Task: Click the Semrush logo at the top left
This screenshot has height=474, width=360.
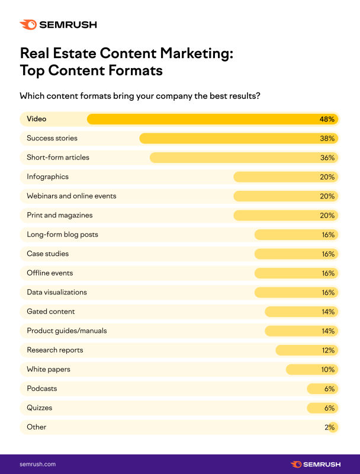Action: coord(57,24)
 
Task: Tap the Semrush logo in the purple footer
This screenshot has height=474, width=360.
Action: coord(315,464)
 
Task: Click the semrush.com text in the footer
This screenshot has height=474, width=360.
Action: coord(37,464)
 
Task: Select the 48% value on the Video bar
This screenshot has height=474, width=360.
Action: coord(327,119)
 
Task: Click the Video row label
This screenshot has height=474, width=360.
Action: coord(37,119)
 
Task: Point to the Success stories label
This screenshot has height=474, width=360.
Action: coord(52,138)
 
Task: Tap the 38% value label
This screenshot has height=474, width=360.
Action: coord(327,139)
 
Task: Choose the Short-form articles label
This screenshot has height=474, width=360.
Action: coord(58,158)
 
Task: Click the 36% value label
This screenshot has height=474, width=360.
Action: coord(327,158)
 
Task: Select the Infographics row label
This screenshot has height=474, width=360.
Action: coord(48,177)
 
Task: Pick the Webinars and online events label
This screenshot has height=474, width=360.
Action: coord(71,196)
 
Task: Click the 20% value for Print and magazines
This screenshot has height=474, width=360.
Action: coord(327,216)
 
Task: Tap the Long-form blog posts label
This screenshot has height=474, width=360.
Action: coord(62,235)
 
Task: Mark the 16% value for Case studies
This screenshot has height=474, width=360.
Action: coord(327,254)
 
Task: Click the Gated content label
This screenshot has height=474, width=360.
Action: coord(51,312)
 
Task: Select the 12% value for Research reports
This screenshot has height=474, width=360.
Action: coord(328,350)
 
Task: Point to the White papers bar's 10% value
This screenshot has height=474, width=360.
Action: coord(327,370)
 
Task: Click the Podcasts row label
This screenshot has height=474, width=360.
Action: coord(41,389)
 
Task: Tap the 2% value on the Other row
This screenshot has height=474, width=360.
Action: coord(330,427)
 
